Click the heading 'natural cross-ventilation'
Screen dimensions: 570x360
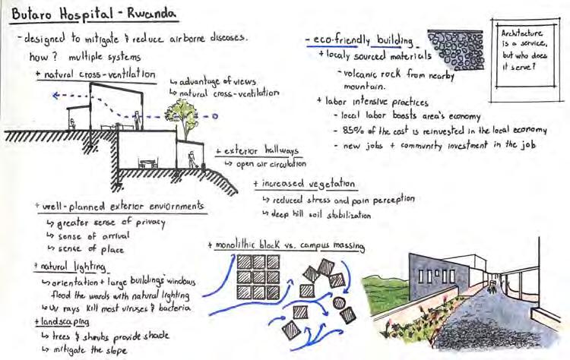coord(97,74)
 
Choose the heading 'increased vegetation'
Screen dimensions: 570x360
coord(306,184)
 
